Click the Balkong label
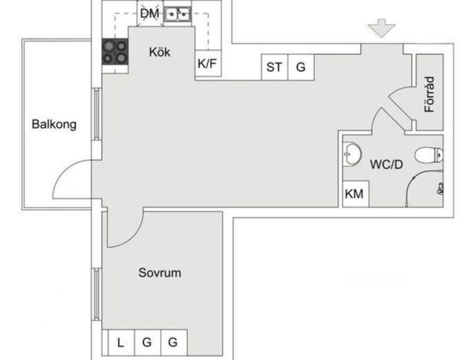coord(54,124)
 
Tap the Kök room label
coord(160,52)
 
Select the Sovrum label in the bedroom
coord(160,273)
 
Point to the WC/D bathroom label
coord(386,164)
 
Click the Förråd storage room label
coord(429,94)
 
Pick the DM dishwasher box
coord(150,13)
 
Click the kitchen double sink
coord(177,14)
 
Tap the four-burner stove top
coord(115,52)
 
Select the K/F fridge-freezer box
coord(208,63)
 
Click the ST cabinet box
coord(275,67)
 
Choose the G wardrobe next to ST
coord(301,67)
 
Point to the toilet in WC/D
coord(429,155)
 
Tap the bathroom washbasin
coord(352,154)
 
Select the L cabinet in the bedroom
coord(121,343)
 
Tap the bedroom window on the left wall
coord(96,294)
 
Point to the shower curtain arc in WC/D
coord(411,181)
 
